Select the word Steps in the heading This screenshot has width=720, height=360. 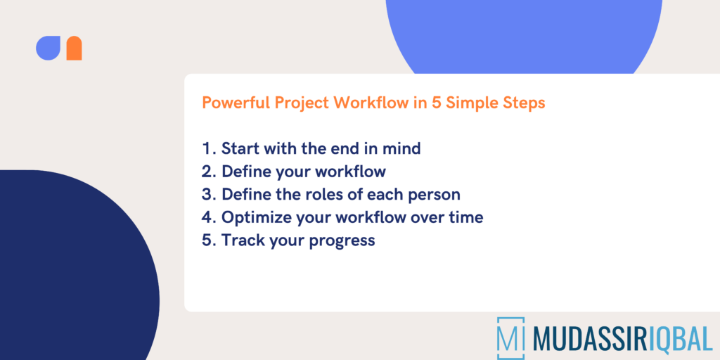point(524,103)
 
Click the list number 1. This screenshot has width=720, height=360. point(207,148)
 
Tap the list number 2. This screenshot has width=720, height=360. point(207,172)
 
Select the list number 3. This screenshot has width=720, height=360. point(207,194)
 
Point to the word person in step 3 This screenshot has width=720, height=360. point(435,195)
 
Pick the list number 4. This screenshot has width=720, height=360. point(207,217)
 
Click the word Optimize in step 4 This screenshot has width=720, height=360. point(253,218)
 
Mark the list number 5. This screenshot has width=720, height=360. point(207,240)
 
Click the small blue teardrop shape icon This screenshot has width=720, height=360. point(48,48)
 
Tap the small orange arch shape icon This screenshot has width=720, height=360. point(74,48)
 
